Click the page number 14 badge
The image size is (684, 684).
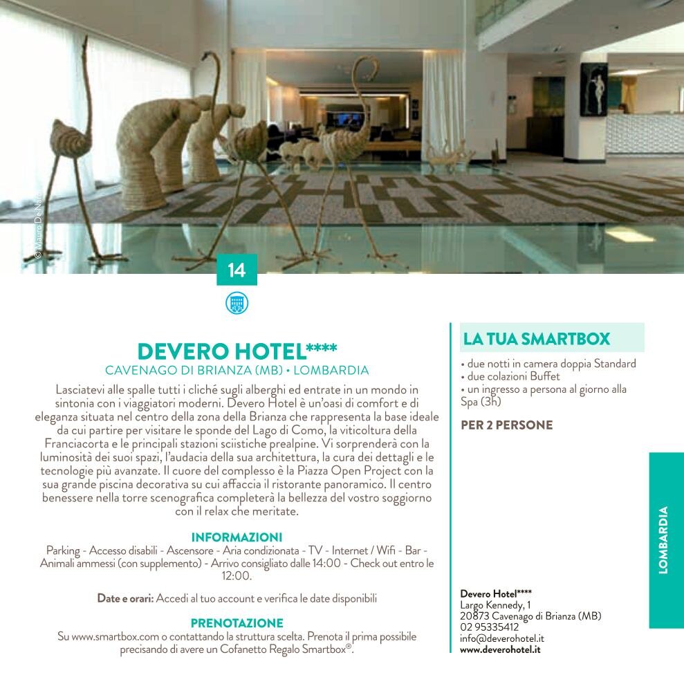[237, 270]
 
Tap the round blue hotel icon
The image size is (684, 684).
[237, 303]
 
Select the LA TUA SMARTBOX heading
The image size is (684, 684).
[537, 339]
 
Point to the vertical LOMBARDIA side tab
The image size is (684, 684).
[664, 540]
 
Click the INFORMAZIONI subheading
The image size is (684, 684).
[237, 537]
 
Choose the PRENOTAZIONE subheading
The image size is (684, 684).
[237, 623]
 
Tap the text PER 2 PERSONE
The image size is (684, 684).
[506, 425]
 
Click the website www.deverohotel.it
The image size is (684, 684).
[500, 649]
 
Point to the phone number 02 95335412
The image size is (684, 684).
[490, 627]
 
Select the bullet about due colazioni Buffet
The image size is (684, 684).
[510, 376]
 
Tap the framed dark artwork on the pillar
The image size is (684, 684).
[593, 89]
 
